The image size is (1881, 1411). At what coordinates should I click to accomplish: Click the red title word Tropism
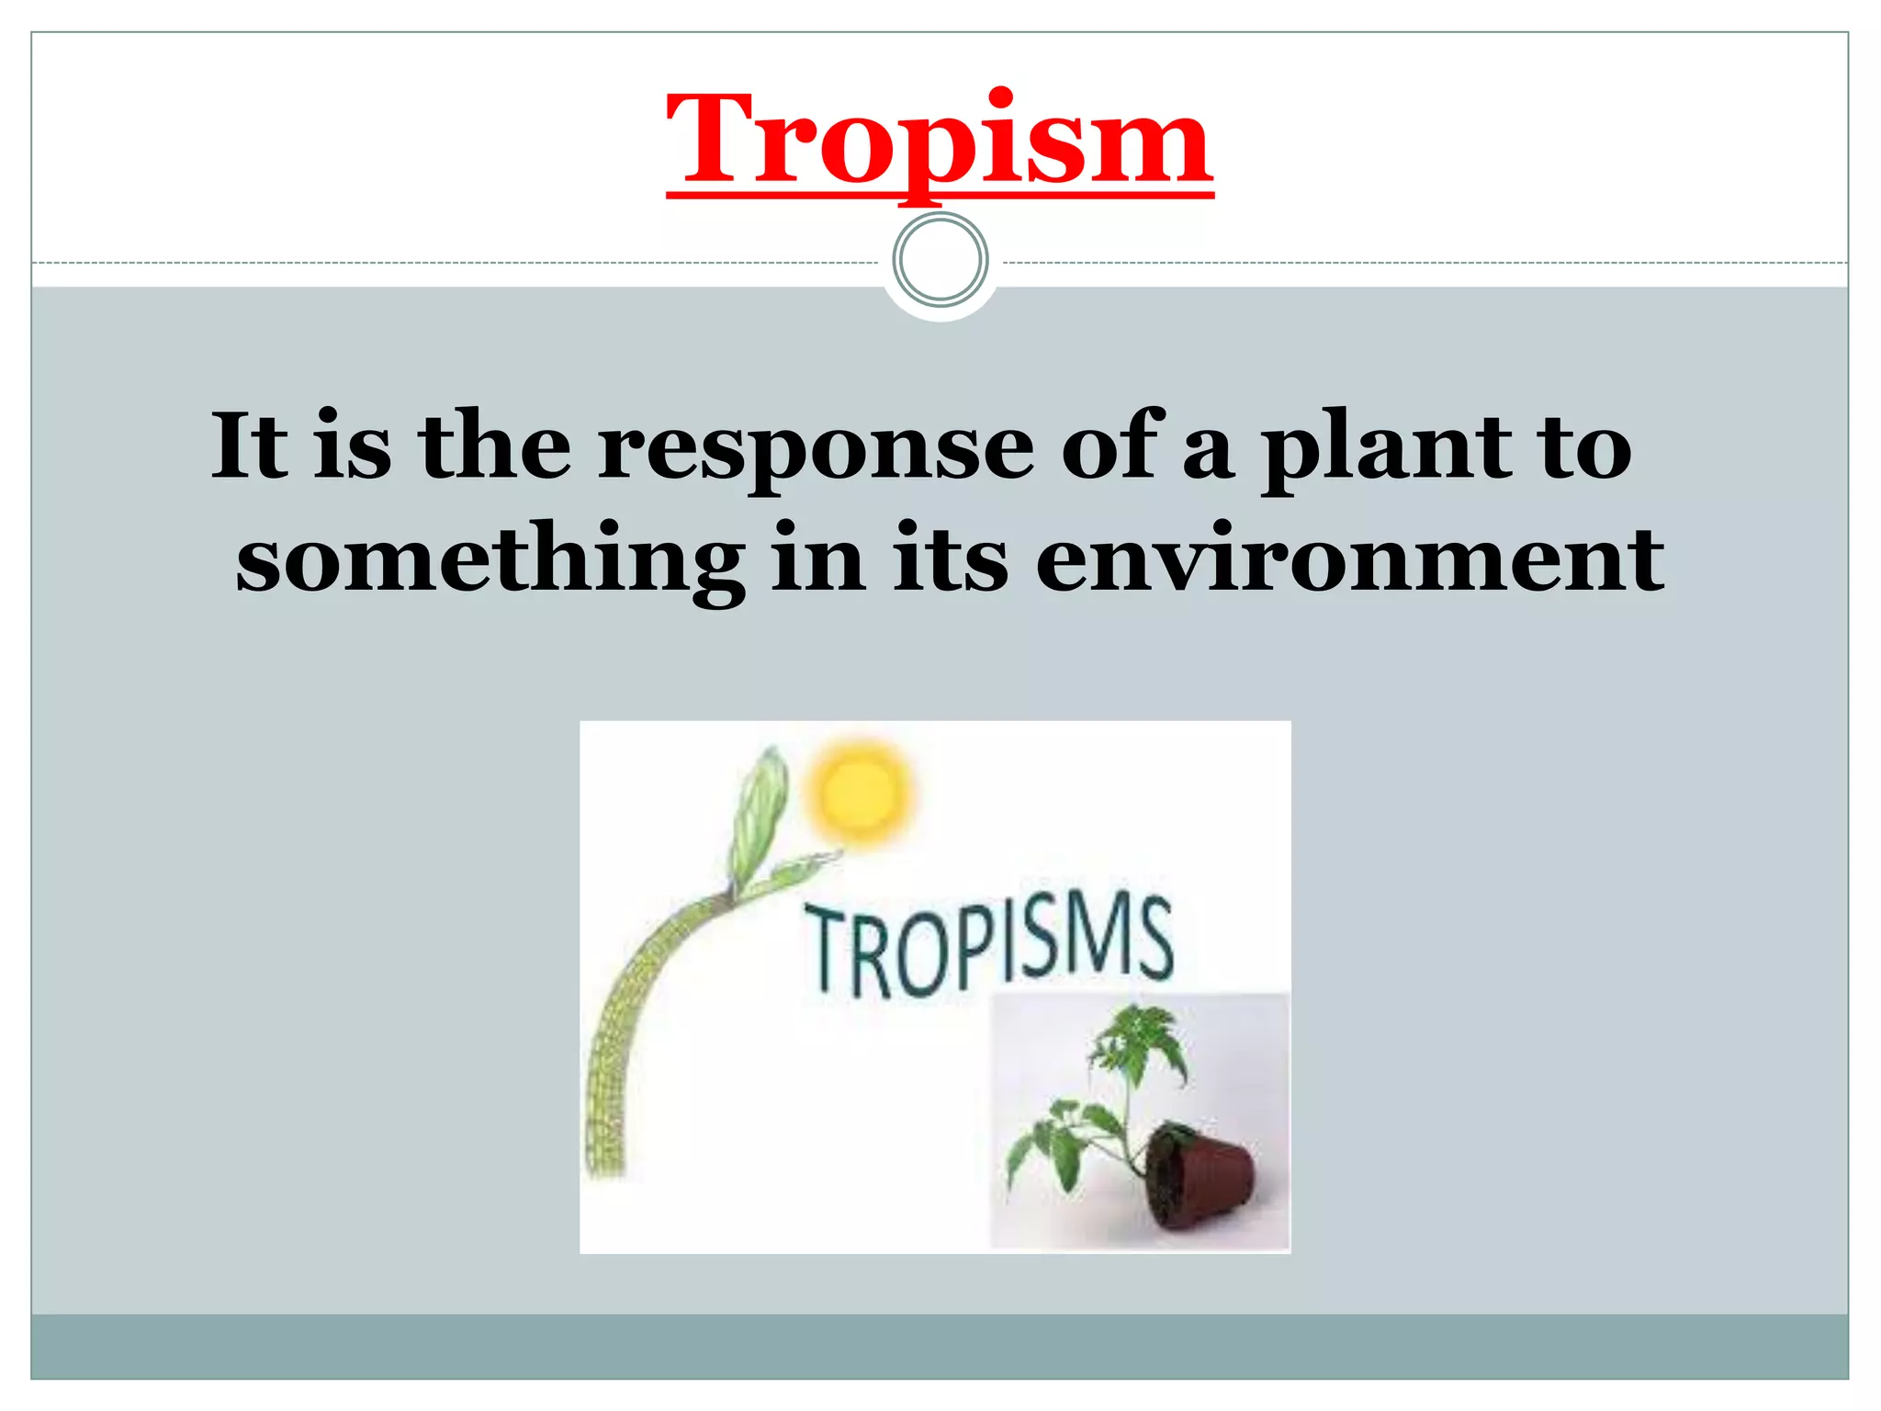pos(939,140)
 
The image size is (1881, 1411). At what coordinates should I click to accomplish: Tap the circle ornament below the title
pos(940,259)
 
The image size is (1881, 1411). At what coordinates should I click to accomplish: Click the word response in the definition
pos(816,448)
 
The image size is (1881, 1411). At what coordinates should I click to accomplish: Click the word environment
pos(1349,559)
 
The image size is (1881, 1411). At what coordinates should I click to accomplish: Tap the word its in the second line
pos(950,559)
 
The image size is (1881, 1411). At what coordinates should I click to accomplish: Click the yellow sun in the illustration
pos(861,792)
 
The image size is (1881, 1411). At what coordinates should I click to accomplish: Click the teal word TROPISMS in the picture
pos(989,947)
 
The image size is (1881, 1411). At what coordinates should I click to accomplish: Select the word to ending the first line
pos(1586,448)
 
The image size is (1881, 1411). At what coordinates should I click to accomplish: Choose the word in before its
pos(818,559)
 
